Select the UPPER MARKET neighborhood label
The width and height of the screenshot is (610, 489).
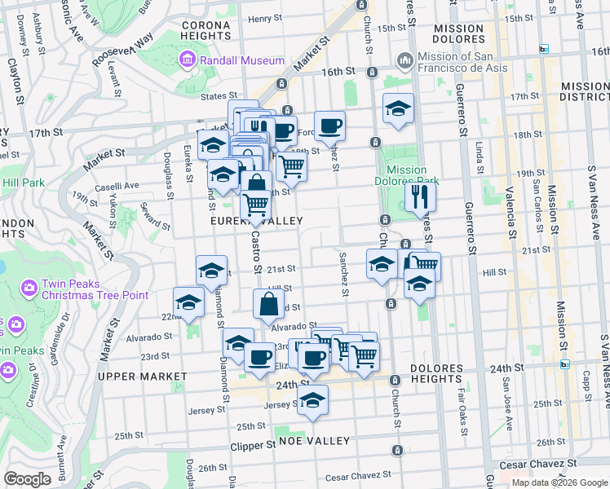coord(136,377)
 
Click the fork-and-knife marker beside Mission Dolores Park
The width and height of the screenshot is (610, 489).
coord(421,195)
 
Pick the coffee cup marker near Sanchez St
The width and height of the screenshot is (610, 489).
coord(329,126)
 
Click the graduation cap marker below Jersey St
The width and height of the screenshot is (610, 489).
coord(312,400)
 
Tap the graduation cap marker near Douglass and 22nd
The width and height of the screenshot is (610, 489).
coord(189,302)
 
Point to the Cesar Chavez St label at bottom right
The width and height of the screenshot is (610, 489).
coord(538,465)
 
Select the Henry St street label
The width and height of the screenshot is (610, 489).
coord(264,19)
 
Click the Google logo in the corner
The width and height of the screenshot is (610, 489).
coord(27,479)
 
